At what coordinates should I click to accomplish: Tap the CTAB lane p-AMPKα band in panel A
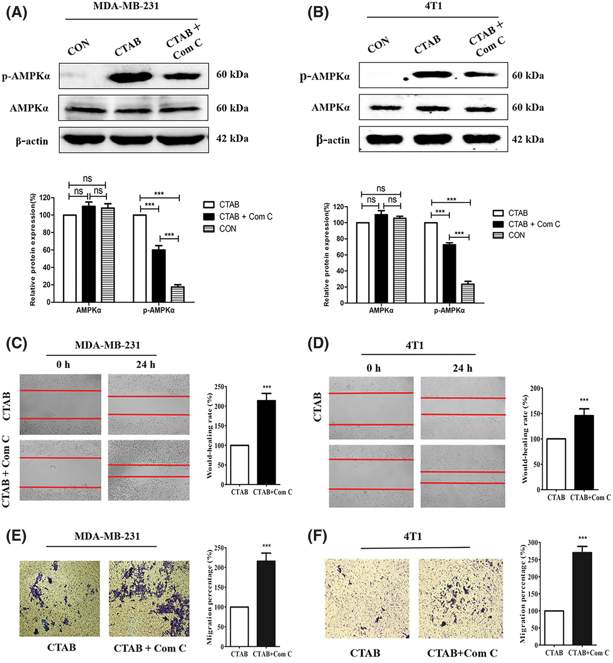131,77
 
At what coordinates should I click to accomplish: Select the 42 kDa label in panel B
527,139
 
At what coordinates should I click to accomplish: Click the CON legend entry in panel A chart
227,229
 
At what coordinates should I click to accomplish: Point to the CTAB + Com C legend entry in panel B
534,224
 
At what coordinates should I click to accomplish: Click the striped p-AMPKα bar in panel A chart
177,294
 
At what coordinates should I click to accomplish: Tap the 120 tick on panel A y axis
45,198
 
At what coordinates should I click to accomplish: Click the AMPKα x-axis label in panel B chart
381,311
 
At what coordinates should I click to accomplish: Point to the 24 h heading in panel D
462,368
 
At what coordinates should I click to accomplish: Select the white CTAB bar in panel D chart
556,464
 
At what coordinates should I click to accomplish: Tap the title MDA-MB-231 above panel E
107,536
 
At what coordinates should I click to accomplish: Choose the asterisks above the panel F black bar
583,538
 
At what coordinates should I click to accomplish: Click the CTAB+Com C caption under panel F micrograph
462,653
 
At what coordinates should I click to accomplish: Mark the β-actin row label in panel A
32,141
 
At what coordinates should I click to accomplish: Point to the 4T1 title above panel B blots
433,6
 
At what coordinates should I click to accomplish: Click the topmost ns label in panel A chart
87,179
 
